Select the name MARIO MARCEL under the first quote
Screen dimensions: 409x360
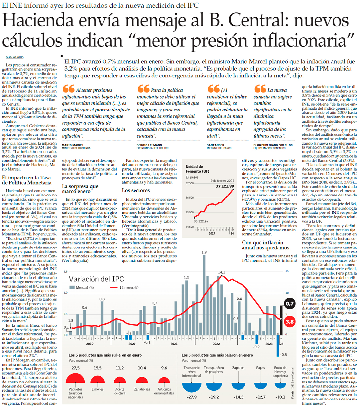73,145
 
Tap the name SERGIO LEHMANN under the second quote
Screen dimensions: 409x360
149,145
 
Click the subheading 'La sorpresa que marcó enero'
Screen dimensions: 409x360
80,189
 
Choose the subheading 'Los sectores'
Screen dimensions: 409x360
136,190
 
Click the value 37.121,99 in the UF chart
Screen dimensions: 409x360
225,186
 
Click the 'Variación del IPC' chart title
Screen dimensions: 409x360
96,279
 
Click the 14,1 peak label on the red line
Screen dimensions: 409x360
222,272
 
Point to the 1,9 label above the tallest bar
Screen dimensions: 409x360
204,252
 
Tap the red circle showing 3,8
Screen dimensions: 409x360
289,322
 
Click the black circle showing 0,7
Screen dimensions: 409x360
289,304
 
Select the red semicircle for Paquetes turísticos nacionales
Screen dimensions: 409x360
75,379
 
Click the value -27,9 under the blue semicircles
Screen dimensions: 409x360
192,397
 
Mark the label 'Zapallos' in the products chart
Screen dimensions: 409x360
238,368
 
